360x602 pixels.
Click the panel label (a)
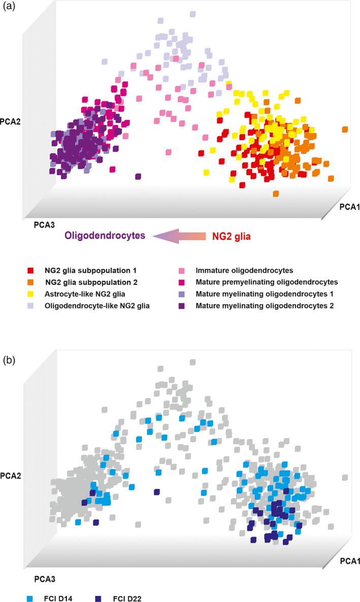click(10, 9)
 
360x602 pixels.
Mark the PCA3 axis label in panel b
click(45, 578)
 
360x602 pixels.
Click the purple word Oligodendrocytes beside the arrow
click(105, 235)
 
